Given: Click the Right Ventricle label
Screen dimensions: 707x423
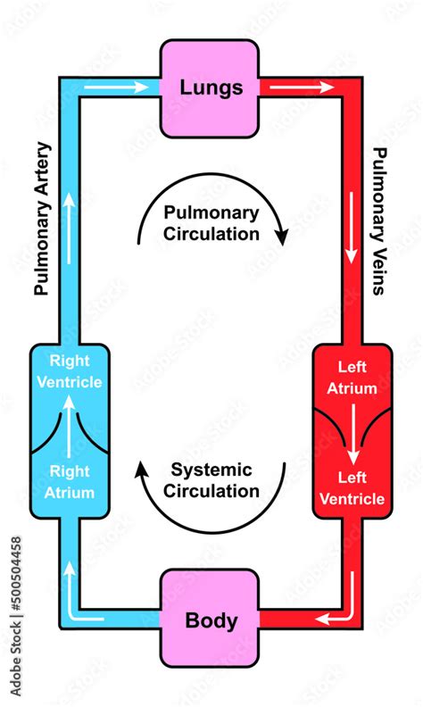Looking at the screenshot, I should (75, 372).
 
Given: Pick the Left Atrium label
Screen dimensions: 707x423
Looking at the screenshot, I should (352, 378).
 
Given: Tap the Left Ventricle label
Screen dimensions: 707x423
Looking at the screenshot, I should (352, 489).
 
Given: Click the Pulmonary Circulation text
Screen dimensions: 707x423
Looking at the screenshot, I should (211, 223).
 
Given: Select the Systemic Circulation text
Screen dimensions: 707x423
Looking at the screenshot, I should (211, 480).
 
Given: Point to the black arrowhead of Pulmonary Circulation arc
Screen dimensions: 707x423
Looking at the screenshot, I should (281, 237).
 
